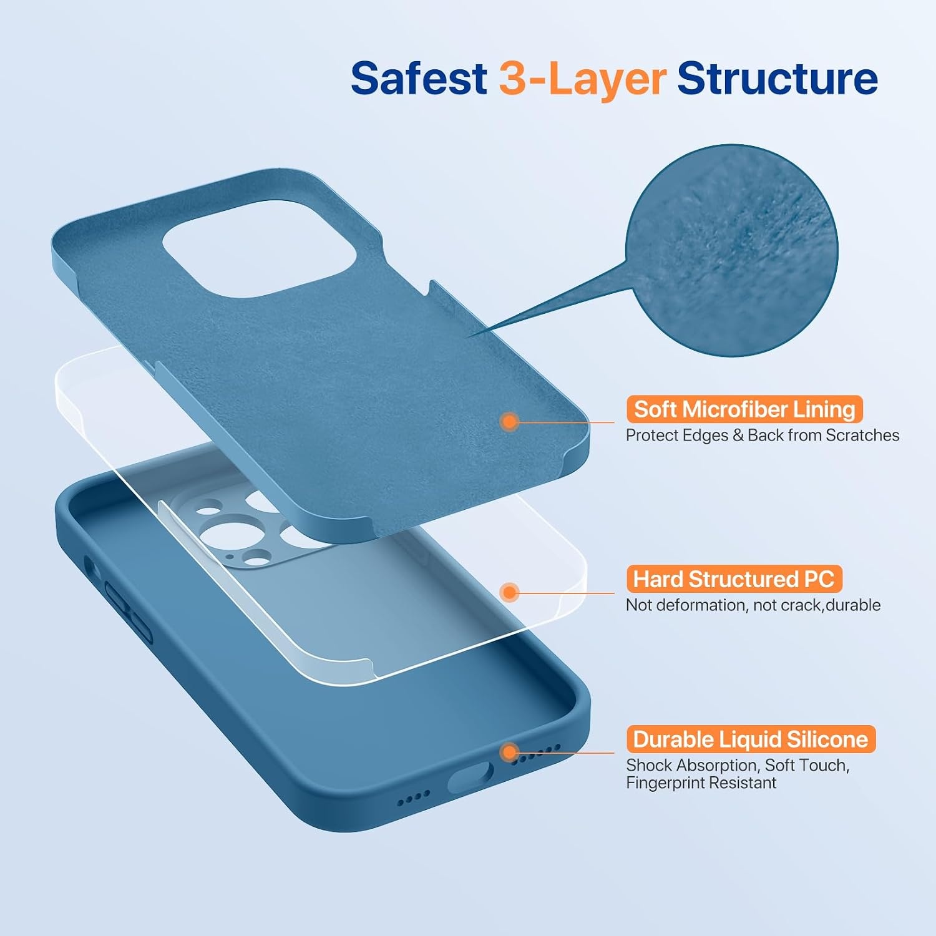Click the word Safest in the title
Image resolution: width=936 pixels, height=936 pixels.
click(x=419, y=79)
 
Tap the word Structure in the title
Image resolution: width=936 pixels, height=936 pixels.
click(x=778, y=79)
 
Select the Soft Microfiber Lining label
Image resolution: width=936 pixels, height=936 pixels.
click(x=744, y=409)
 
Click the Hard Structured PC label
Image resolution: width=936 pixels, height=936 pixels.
click(x=734, y=579)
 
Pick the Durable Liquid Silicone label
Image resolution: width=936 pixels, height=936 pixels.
click(x=751, y=739)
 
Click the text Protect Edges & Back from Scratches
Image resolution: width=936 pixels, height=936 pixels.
click(x=763, y=435)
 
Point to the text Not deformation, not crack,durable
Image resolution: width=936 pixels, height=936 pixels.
click(x=753, y=605)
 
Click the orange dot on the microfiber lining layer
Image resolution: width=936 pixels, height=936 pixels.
click(x=510, y=422)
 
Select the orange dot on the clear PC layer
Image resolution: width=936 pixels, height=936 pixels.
click(x=510, y=592)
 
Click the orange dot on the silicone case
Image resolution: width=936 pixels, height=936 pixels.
click(x=510, y=752)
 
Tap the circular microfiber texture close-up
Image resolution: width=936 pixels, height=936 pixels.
click(x=732, y=251)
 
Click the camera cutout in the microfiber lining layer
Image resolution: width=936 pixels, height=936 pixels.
click(x=260, y=248)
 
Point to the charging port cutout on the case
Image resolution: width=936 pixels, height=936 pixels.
click(x=470, y=778)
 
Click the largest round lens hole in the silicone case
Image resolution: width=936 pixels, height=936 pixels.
click(x=223, y=537)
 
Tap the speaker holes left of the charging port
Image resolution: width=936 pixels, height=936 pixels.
click(x=414, y=796)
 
